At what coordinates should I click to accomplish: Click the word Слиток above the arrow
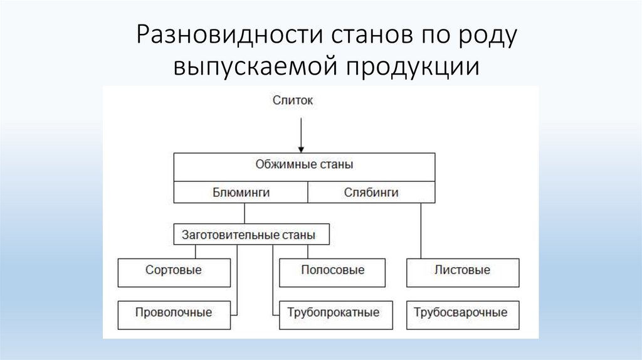[292, 100]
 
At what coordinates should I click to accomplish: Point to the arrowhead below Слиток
[302, 149]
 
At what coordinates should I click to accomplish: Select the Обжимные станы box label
[304, 165]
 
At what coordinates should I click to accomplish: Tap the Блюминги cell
[241, 193]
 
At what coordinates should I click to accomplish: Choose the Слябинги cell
[371, 193]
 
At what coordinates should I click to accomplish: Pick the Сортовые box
[174, 271]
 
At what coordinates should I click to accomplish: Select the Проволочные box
[174, 312]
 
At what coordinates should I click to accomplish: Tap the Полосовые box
[333, 271]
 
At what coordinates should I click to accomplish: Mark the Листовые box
[462, 271]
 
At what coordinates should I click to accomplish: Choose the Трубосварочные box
[462, 312]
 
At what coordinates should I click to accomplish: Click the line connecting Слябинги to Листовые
[421, 231]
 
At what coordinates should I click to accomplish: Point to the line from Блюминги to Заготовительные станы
[245, 214]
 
